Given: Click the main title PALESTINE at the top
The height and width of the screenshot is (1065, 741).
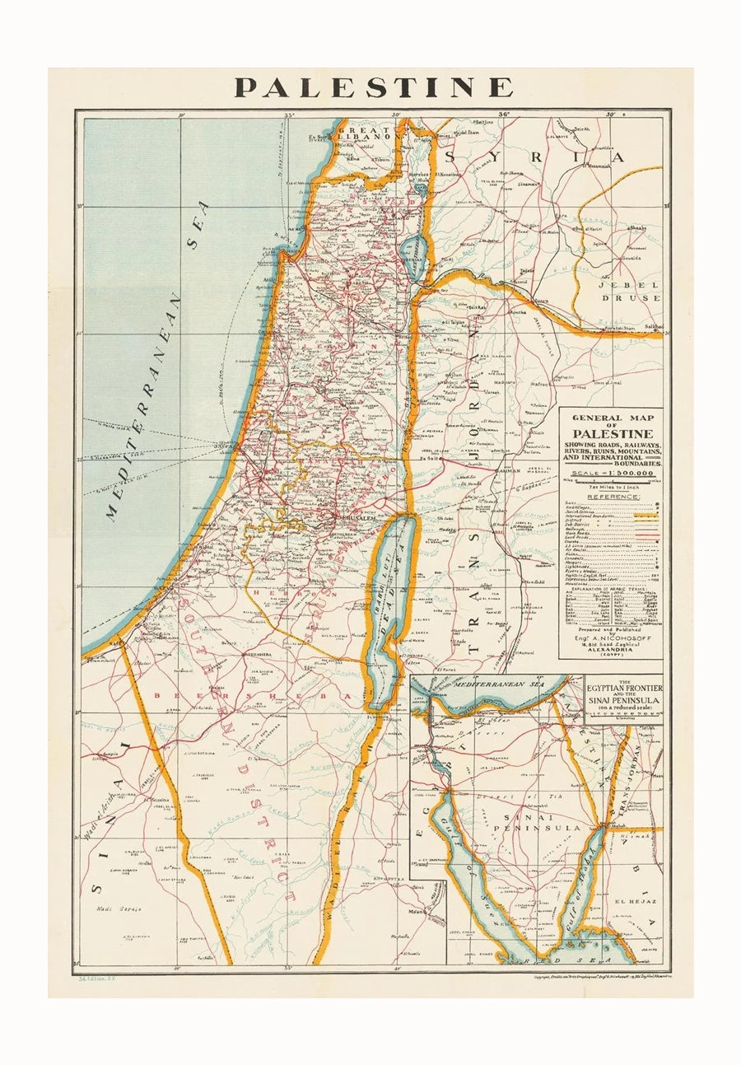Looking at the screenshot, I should click(373, 87).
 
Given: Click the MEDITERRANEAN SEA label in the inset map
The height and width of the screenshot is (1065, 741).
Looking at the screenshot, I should click(492, 683).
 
